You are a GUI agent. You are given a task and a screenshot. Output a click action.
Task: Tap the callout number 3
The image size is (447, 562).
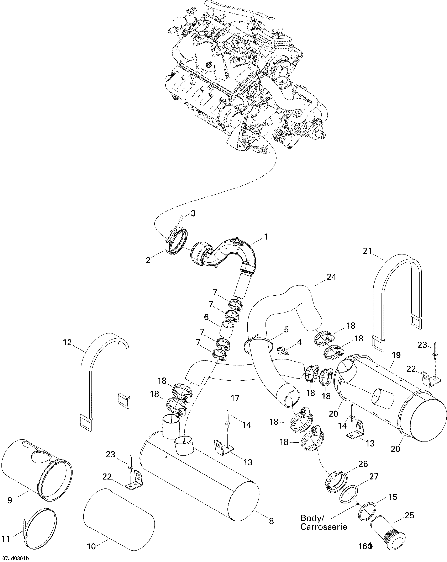[x=193, y=214]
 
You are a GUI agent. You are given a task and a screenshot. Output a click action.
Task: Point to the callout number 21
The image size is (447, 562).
[x=367, y=251]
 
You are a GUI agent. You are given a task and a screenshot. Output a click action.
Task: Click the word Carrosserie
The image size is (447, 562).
[x=324, y=533]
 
